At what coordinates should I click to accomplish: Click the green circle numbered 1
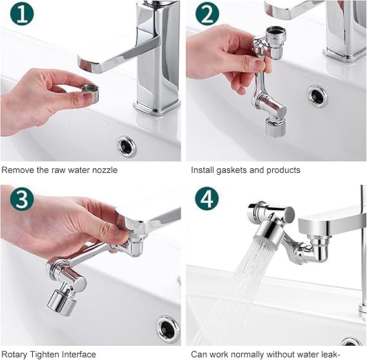pos(23,14)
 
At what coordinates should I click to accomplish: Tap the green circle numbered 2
pos(207,14)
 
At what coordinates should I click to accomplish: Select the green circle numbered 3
pos(21,200)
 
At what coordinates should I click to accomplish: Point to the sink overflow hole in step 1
pos(127,146)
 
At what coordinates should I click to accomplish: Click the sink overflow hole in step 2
pos(317,95)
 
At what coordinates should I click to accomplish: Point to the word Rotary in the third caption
pos(14,354)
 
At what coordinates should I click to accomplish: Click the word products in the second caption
pos(284,170)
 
